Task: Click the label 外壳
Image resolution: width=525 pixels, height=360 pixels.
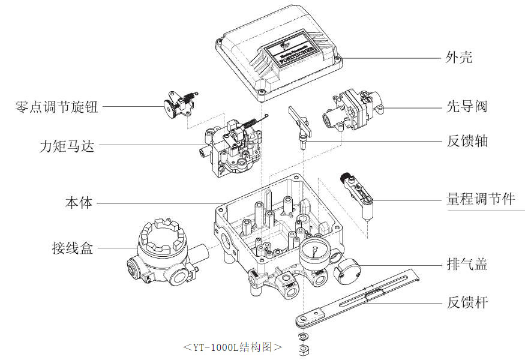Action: coord(459,57)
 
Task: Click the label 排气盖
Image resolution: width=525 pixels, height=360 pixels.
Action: coord(467,264)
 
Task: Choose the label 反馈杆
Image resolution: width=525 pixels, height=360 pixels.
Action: coord(467,302)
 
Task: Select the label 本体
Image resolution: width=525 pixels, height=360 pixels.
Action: coord(79,202)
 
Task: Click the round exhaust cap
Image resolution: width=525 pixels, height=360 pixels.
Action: coord(344,273)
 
